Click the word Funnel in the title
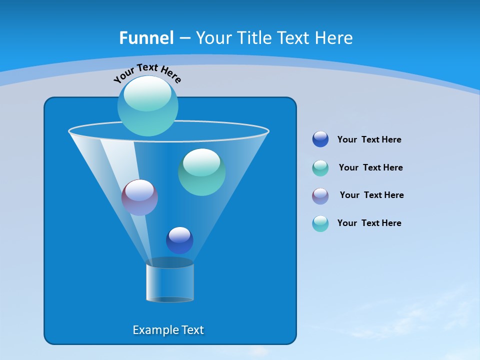click(146, 38)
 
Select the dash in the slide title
click(184, 38)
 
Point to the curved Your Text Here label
click(147, 72)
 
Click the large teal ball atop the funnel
click(148, 105)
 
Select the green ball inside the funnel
click(202, 172)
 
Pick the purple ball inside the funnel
click(140, 197)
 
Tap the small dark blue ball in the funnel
click(179, 240)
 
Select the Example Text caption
click(168, 330)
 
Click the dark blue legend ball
click(320, 139)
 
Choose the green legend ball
click(320, 168)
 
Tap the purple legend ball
click(320, 196)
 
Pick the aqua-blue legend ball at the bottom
click(320, 223)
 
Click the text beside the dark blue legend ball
click(369, 140)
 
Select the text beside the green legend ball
click(370, 168)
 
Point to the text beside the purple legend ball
click(371, 195)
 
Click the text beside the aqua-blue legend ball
click(369, 223)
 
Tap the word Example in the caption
click(155, 330)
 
